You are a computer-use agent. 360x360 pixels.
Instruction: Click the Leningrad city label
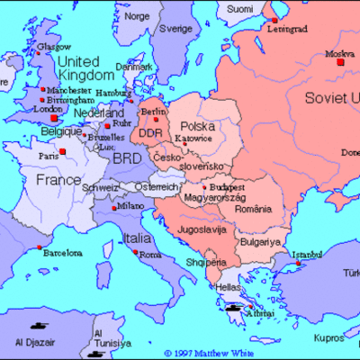[x=286, y=29]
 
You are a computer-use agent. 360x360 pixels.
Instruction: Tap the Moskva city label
[x=338, y=54]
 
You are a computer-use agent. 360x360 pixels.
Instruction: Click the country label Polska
[x=198, y=126]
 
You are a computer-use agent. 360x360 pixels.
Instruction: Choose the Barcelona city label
[x=50, y=255]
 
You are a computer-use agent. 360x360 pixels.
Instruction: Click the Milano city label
[x=129, y=207]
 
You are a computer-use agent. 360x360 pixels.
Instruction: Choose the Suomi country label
[x=239, y=8]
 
